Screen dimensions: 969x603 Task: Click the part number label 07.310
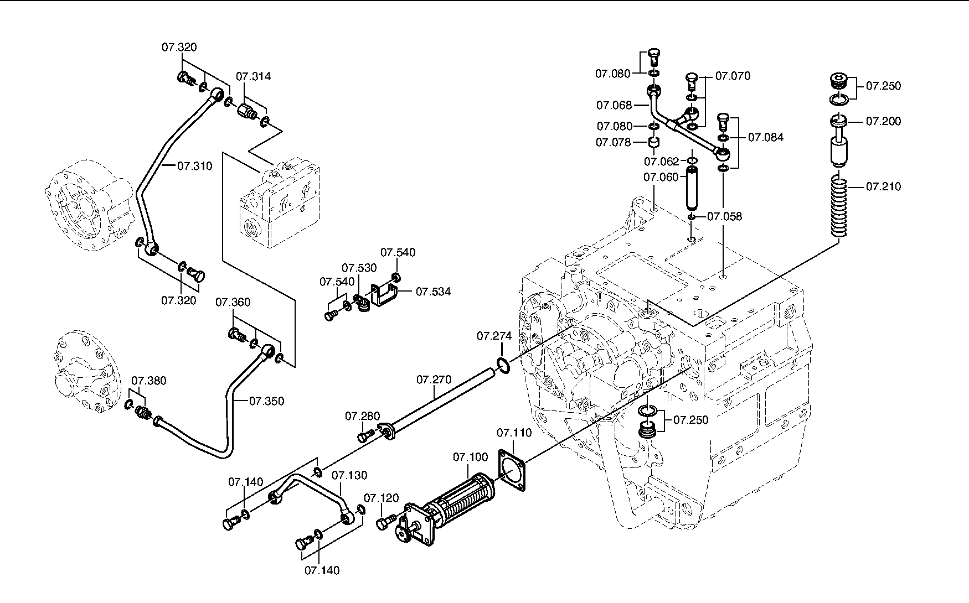tap(195, 165)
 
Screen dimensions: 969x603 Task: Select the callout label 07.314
tap(254, 76)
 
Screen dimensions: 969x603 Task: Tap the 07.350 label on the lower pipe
tap(266, 401)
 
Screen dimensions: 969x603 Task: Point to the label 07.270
tap(434, 380)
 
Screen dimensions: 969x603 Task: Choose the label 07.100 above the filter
tap(471, 457)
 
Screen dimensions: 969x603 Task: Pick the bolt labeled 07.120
tap(386, 521)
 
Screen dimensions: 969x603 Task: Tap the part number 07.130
tap(349, 475)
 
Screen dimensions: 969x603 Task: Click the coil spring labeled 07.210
tap(841, 205)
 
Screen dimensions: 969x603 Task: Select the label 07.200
tap(884, 121)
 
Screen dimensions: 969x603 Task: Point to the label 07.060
tap(661, 177)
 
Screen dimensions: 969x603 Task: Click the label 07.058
tap(725, 216)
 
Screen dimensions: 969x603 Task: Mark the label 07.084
tap(766, 137)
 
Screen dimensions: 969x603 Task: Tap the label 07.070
tap(733, 76)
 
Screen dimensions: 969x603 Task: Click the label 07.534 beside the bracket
tap(433, 292)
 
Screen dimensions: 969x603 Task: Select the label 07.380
tap(149, 381)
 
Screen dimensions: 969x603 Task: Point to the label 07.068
tap(614, 105)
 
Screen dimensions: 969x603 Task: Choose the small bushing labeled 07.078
tap(654, 144)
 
